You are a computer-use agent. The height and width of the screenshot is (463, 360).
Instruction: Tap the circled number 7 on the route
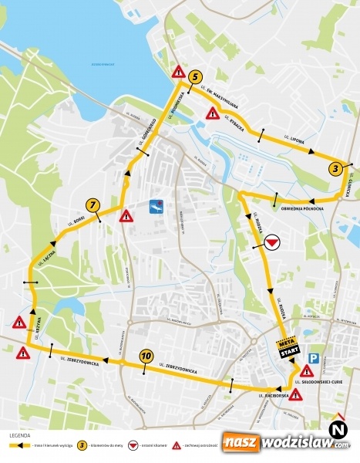click(x=93, y=205)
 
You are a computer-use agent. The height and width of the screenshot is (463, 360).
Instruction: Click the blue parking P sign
click(x=314, y=358)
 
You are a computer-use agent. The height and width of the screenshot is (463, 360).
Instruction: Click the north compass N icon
click(x=337, y=428)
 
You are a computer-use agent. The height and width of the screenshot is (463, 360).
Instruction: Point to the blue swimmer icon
click(x=157, y=206)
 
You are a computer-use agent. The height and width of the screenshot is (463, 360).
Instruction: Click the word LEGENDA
click(x=19, y=435)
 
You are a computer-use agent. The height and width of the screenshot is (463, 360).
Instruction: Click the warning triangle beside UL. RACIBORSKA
click(x=296, y=394)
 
